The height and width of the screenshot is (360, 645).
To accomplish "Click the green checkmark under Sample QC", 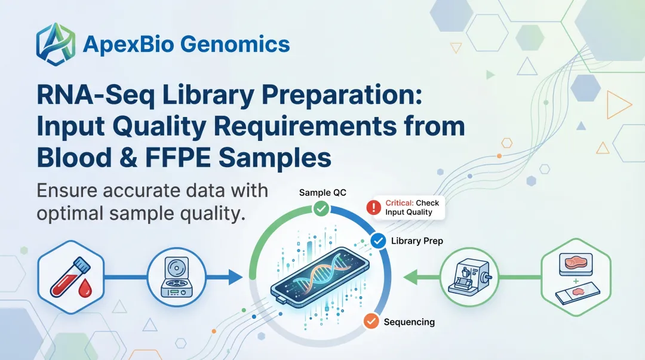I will click(321, 208).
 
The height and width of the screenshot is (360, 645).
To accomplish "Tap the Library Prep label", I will click(417, 241).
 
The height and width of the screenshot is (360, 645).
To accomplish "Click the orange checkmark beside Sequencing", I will click(371, 321).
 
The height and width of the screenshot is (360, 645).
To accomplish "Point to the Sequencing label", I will click(409, 322).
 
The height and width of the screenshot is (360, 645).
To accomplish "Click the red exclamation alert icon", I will click(373, 207).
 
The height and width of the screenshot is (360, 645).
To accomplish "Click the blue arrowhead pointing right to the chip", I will click(234, 277).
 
